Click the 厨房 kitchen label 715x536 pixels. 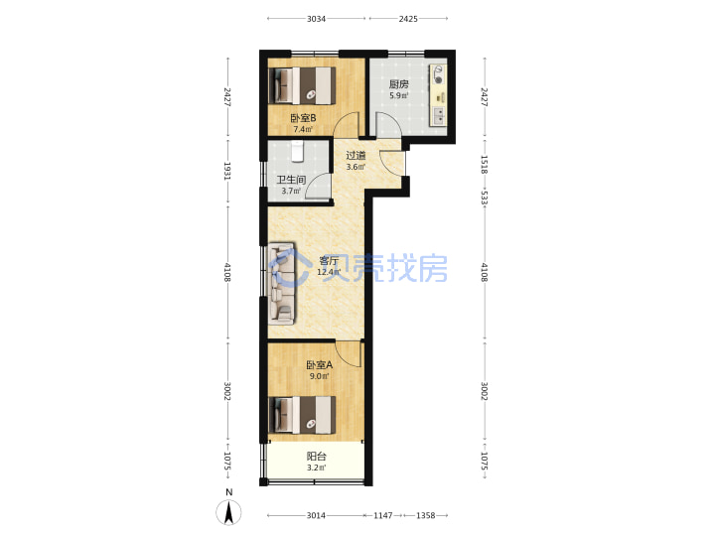pos(398,84)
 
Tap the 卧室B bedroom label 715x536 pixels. pos(303,118)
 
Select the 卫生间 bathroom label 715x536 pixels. pos(291,180)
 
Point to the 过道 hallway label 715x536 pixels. pos(356,156)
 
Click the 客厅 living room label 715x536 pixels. pos(329,261)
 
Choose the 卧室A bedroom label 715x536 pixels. pos(319,365)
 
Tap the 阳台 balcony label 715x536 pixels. pos(317,457)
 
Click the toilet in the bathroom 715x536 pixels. pos(298,151)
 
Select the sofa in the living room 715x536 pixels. pos(282,285)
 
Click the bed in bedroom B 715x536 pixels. pos(303,85)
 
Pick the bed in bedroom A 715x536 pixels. pos(303,415)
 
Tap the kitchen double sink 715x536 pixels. pos(439,116)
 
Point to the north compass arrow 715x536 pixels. pos(229,512)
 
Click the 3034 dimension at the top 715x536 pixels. pos(316,19)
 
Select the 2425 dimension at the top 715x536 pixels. pos(408,19)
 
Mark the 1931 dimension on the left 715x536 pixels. pos(227,171)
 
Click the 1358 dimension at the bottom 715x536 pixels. pos(425,515)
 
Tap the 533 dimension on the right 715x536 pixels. pos(485,198)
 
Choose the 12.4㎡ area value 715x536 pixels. pos(329,273)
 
